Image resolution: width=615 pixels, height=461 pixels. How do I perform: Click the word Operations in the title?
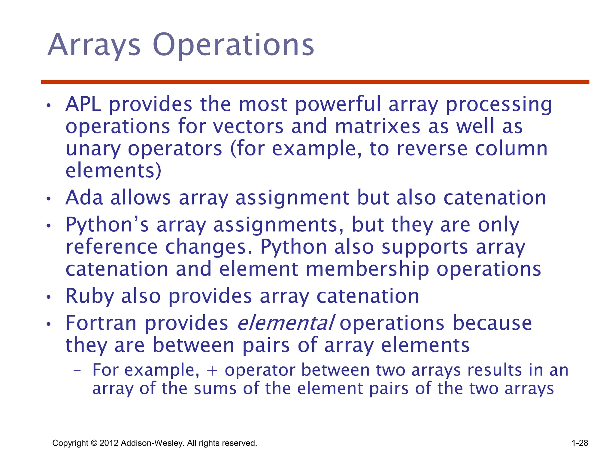(233, 45)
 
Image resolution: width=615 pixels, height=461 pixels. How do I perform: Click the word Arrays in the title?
(94, 45)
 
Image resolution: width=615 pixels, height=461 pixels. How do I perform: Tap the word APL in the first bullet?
(83, 104)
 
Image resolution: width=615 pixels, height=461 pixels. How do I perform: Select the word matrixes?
(377, 126)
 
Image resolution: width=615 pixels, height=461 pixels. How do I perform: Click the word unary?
(93, 149)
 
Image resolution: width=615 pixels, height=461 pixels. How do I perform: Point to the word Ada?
(84, 198)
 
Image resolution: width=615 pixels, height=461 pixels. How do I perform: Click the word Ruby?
(89, 296)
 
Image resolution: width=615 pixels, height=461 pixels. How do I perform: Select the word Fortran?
(101, 323)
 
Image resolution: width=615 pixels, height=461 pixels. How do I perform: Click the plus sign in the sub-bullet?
(212, 370)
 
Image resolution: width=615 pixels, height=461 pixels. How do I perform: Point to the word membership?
(367, 269)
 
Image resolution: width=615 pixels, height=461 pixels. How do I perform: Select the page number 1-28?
(580, 443)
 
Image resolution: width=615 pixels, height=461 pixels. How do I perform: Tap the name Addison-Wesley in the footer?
(153, 443)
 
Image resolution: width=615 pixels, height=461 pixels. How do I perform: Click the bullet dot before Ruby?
(49, 297)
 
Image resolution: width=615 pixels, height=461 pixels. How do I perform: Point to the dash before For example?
(77, 371)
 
